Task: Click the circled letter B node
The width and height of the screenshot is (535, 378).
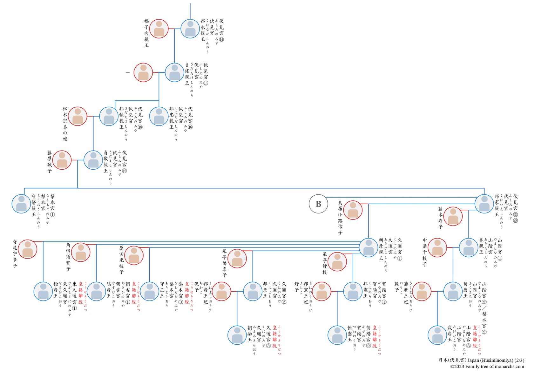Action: (x=318, y=204)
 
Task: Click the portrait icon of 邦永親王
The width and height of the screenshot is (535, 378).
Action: (x=190, y=29)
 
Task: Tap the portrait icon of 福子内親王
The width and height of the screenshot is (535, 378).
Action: (x=159, y=29)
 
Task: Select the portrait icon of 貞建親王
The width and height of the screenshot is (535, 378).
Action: (x=174, y=72)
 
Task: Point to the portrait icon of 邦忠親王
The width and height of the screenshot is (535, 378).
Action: (x=159, y=116)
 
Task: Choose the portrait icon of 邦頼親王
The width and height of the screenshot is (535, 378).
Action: (x=109, y=116)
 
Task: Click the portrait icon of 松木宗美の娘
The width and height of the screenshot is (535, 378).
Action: (x=78, y=116)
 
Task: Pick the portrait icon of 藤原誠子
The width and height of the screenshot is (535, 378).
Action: (x=62, y=160)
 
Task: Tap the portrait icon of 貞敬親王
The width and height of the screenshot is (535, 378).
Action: (x=93, y=160)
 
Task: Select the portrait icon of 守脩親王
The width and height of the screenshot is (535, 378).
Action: (x=21, y=204)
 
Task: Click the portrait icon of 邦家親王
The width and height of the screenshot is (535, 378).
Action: (x=484, y=204)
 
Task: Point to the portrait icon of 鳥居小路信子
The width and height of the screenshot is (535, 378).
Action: (x=353, y=210)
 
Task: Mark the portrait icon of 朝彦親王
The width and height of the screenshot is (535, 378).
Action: (x=369, y=247)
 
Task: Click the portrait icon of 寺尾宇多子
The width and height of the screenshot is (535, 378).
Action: (x=28, y=249)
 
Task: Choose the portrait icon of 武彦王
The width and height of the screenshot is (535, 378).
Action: (x=437, y=335)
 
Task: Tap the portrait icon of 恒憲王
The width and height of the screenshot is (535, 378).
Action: (x=337, y=335)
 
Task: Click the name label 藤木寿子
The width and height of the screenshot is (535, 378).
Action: (x=441, y=218)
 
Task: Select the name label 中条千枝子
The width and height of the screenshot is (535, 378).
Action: (x=425, y=252)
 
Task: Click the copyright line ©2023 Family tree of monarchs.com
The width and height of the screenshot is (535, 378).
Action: (x=487, y=367)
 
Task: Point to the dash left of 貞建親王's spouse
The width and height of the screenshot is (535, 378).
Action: (x=128, y=73)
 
